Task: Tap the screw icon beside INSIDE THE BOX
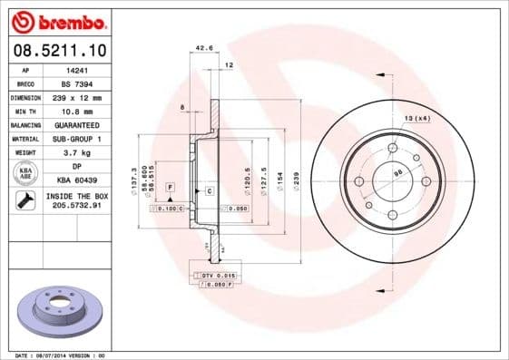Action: tap(25, 201)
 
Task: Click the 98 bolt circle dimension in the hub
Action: tap(396, 171)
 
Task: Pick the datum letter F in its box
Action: tap(170, 186)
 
